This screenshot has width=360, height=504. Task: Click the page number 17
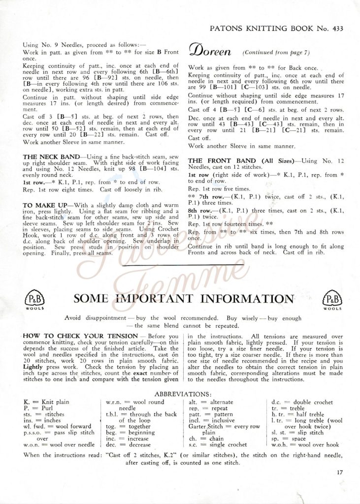tap(340, 473)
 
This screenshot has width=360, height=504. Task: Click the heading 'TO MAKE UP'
tap(42, 203)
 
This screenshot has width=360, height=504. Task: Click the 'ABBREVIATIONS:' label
tap(183, 394)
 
